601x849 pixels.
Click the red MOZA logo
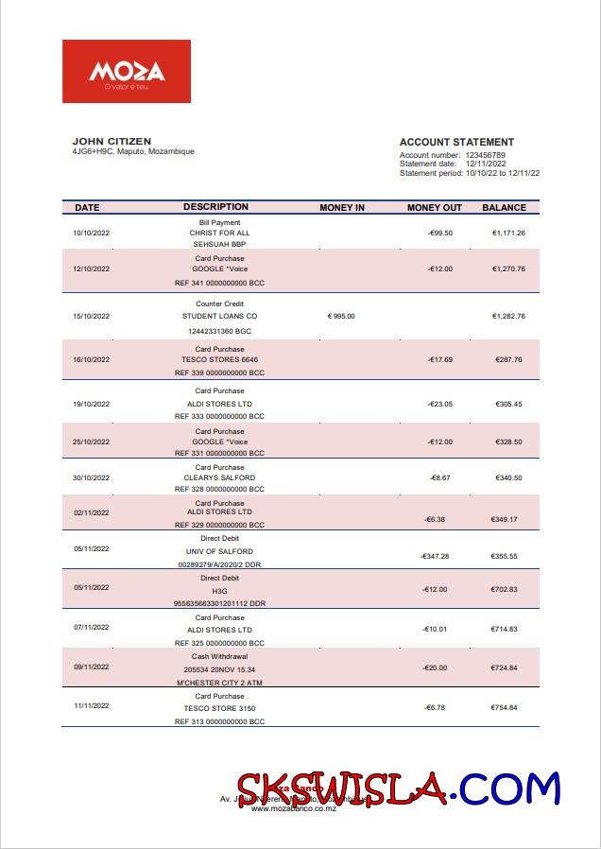pos(127,71)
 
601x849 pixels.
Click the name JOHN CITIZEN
pos(112,141)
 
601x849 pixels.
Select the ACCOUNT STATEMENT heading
pos(456,142)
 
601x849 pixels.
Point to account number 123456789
pos(485,155)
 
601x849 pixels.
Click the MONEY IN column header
pos(341,207)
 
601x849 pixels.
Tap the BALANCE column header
pos(504,207)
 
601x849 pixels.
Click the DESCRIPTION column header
pos(215,206)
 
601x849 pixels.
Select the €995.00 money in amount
pos(341,316)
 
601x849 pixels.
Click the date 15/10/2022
pos(92,316)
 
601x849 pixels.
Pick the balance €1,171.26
pos(508,233)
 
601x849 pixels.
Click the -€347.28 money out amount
pos(435,556)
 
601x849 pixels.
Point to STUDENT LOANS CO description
pos(219,316)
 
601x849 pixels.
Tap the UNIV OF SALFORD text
pos(219,551)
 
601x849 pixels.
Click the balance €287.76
pos(508,359)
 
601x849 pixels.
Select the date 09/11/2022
pos(92,667)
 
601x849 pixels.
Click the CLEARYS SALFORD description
pos(219,477)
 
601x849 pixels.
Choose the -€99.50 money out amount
pos(439,233)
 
